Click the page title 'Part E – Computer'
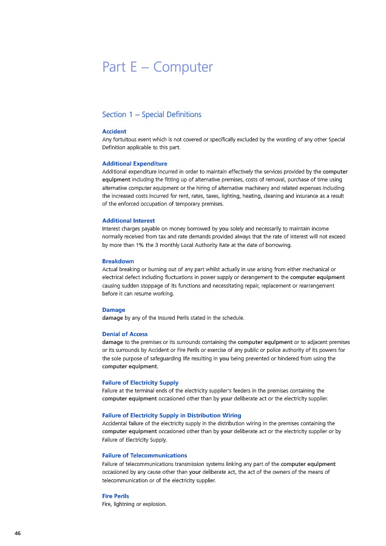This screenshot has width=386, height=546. (x=158, y=67)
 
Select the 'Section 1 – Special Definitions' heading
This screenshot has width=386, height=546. (x=152, y=115)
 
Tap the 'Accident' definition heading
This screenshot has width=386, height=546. (x=114, y=131)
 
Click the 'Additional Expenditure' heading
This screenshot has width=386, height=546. (x=135, y=164)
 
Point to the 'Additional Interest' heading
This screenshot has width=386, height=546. (x=128, y=221)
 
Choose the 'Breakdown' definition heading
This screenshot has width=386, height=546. (x=118, y=261)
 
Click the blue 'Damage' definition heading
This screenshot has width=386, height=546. (x=113, y=310)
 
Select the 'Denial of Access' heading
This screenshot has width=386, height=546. (x=124, y=334)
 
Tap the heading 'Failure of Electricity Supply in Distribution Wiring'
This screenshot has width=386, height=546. (x=172, y=415)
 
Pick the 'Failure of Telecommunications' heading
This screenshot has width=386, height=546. (x=144, y=456)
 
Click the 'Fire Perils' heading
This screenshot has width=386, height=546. (x=115, y=496)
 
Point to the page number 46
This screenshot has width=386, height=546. (x=18, y=533)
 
